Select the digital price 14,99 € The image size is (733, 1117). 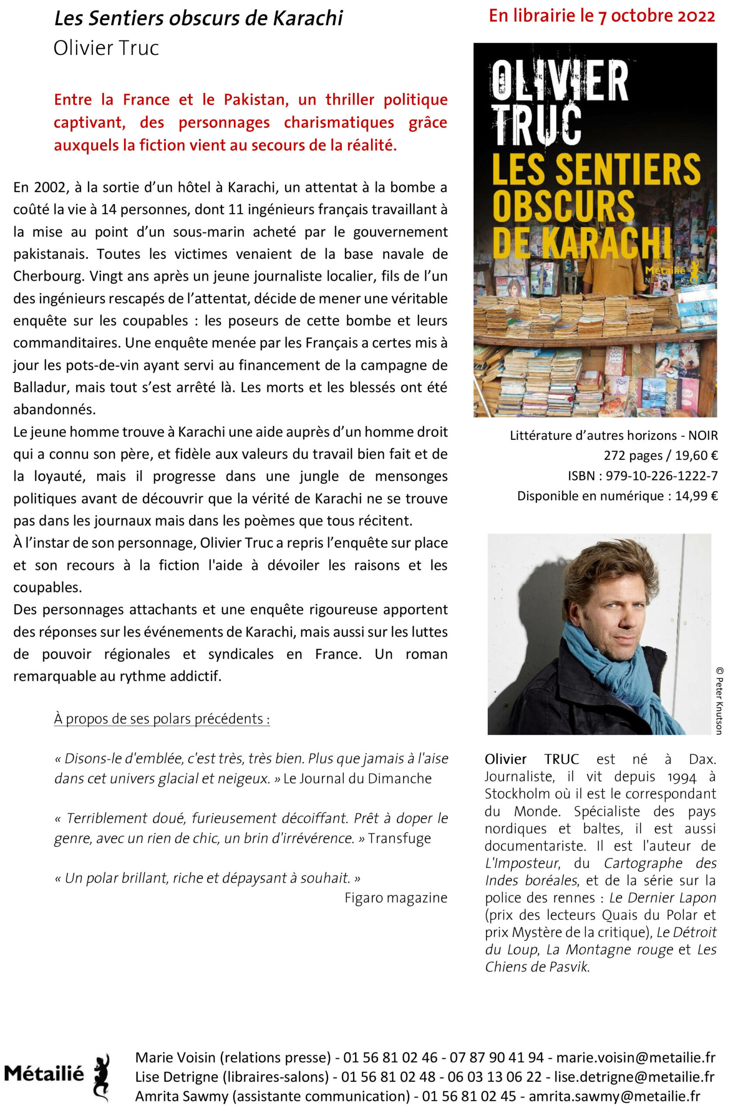pyautogui.click(x=696, y=496)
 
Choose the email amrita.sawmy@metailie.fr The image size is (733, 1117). pyautogui.click(x=614, y=1096)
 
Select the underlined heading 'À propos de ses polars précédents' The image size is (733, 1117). pyautogui.click(x=162, y=719)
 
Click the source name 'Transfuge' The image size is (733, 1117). pyautogui.click(x=399, y=838)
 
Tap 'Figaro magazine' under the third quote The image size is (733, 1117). pyautogui.click(x=396, y=898)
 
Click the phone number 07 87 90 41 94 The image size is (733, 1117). pyautogui.click(x=497, y=1057)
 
